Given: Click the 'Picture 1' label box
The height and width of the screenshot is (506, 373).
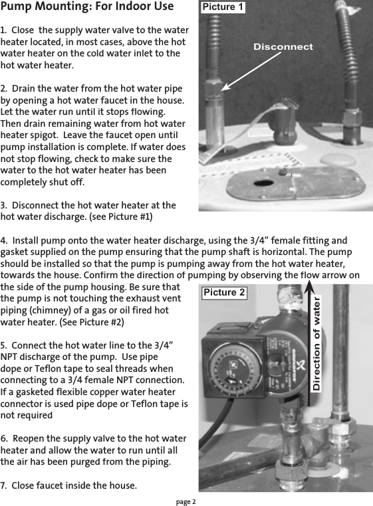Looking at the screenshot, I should coord(223,7).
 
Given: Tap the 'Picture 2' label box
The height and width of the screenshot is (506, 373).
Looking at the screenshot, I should coord(224,292).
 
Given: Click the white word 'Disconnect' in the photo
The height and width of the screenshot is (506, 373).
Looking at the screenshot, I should coord(283,47).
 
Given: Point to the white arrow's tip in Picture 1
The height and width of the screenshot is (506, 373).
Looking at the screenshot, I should coord(221,89).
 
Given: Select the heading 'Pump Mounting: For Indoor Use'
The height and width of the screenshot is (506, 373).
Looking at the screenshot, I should coord(87,7).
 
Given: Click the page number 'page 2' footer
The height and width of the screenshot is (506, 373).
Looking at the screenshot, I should coord(186,500).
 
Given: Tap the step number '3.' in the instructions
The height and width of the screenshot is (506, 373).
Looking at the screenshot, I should coord(5,205).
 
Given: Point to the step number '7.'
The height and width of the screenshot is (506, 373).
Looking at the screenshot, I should coord(5,485).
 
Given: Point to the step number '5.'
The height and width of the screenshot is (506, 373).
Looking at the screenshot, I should coord(5,346).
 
